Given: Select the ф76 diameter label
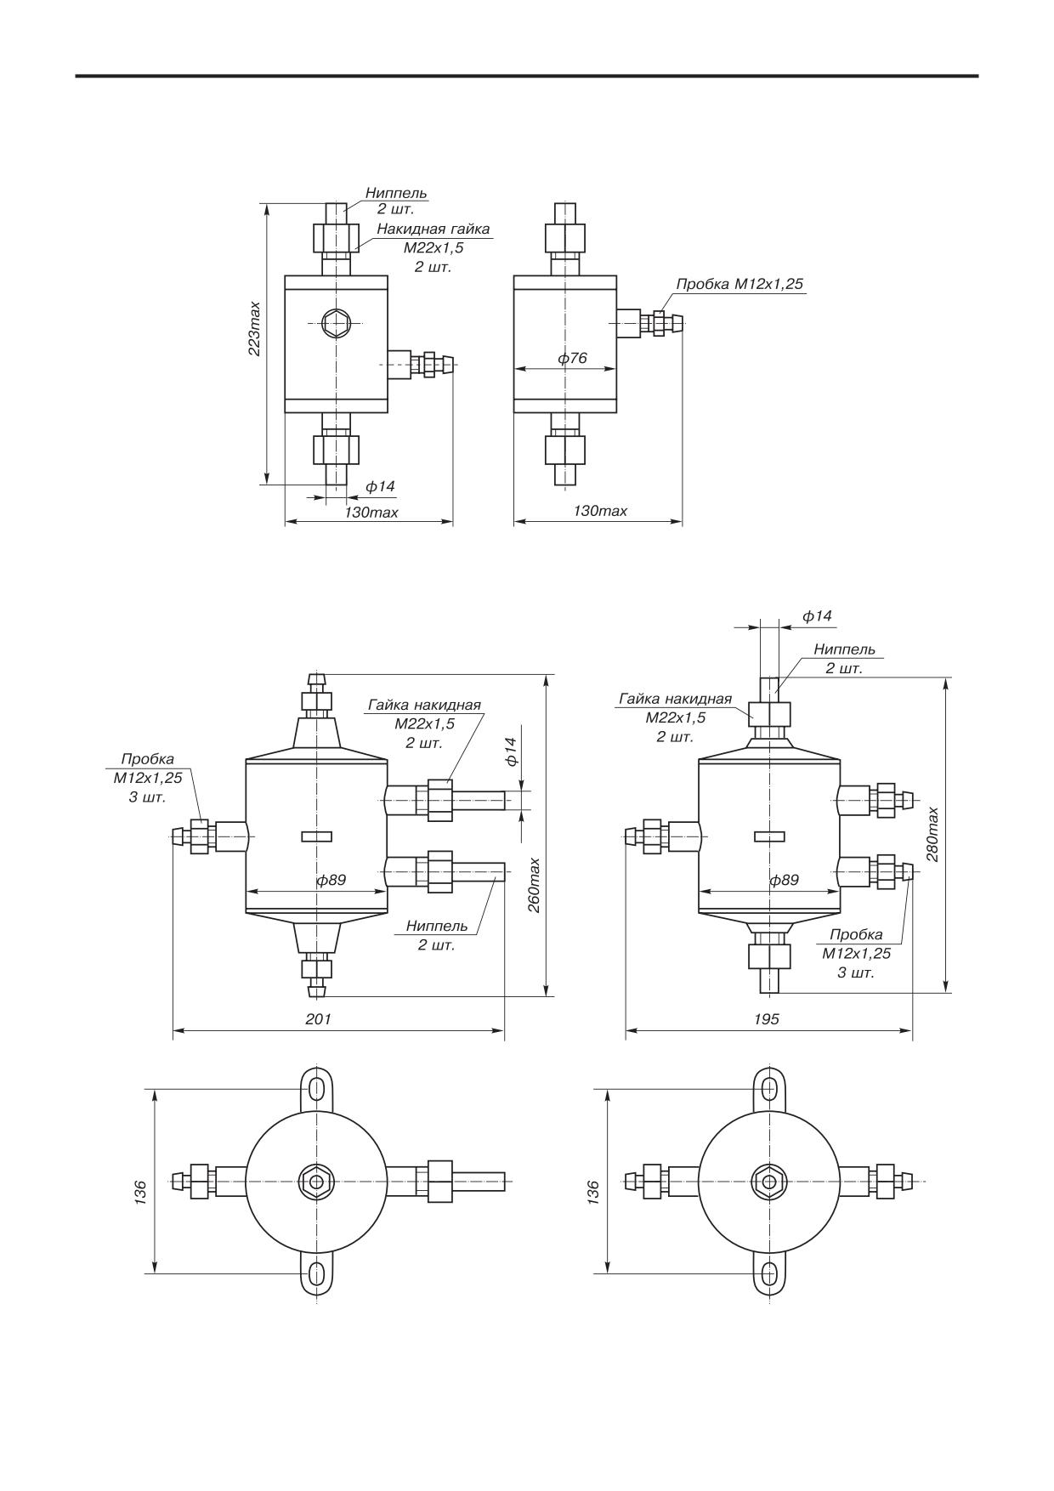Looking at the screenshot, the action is click(572, 358).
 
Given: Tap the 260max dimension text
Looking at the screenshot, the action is click(534, 885).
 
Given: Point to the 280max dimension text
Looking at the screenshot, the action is click(933, 834).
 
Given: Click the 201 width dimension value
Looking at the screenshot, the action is click(319, 1018).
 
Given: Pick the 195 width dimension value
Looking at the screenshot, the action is click(767, 1018).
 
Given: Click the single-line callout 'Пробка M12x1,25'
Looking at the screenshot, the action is click(739, 284).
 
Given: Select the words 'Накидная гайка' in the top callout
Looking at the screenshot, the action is click(433, 229).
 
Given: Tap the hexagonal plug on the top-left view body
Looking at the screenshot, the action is click(336, 322).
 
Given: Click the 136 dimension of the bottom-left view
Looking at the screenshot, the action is click(141, 1191).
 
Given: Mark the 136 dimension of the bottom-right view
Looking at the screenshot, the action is click(593, 1191).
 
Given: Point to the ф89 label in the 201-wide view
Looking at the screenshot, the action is click(331, 880).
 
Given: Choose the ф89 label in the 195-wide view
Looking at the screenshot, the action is click(784, 880).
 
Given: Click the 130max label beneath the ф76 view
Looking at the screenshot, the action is click(600, 510).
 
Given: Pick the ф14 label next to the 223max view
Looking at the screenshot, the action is click(381, 486).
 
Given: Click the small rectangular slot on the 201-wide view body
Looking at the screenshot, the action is click(317, 836).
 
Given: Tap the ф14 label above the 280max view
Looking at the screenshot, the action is click(817, 615).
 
